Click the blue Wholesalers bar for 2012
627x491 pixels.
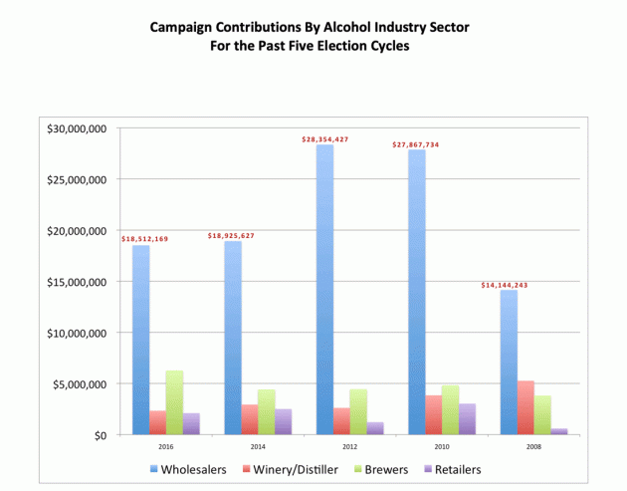point(325,290)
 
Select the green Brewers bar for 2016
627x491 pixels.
point(174,402)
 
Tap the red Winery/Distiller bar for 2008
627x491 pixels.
point(525,407)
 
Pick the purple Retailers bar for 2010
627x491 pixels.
point(467,419)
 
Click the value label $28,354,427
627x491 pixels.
point(326,139)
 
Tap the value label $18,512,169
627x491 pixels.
point(144,239)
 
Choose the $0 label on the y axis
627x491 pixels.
point(103,435)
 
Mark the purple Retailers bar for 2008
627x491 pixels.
point(559,431)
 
